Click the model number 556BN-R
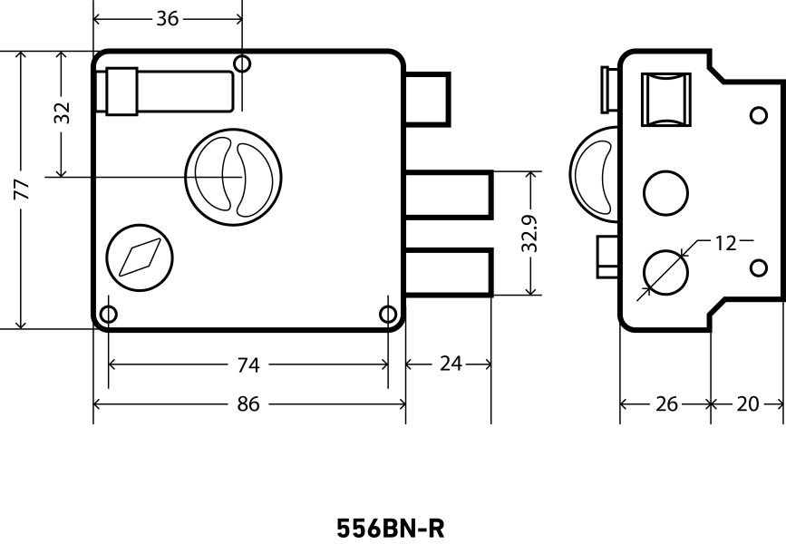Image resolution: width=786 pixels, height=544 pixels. (392, 528)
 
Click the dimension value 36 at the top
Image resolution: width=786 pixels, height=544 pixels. (168, 18)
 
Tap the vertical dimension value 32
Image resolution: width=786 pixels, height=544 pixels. (62, 113)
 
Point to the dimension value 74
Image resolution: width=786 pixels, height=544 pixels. (247, 364)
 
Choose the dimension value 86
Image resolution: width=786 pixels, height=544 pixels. (247, 404)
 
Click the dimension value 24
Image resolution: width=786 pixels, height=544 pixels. (450, 364)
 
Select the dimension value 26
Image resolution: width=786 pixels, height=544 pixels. (666, 404)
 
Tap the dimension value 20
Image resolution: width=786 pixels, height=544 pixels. (747, 404)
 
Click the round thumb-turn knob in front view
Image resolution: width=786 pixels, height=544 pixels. (233, 172)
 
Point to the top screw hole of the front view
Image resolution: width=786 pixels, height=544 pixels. (241, 63)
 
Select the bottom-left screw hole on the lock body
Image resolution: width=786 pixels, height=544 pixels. (108, 315)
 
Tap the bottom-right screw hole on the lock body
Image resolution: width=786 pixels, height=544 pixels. (388, 315)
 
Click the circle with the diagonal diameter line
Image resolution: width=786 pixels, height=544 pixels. (665, 271)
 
